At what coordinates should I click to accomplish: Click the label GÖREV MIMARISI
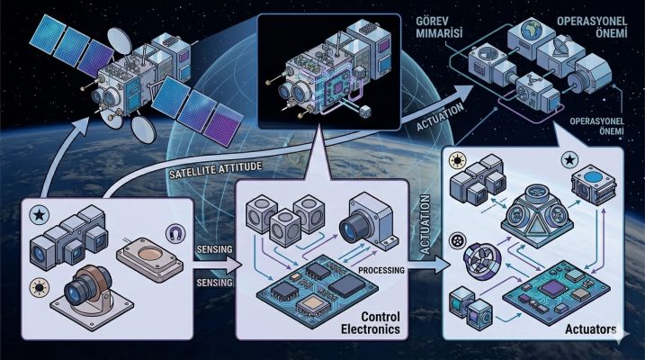(x=439, y=27)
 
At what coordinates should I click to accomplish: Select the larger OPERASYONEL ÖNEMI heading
(x=592, y=27)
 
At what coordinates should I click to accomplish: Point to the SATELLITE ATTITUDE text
(x=216, y=169)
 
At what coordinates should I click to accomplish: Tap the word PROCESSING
(x=381, y=270)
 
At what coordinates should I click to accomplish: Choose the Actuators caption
(x=590, y=329)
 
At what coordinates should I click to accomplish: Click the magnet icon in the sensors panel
(x=175, y=234)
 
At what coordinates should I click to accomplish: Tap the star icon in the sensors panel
(x=40, y=214)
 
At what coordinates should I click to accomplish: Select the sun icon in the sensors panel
(x=40, y=288)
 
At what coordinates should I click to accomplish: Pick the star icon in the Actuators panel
(x=569, y=160)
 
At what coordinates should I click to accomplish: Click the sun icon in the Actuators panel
(x=457, y=160)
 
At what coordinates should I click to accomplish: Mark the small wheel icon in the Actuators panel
(x=456, y=240)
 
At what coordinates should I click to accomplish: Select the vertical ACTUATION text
(x=425, y=224)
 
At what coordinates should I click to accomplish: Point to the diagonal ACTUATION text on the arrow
(x=440, y=116)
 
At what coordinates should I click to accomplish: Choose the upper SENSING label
(x=214, y=249)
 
